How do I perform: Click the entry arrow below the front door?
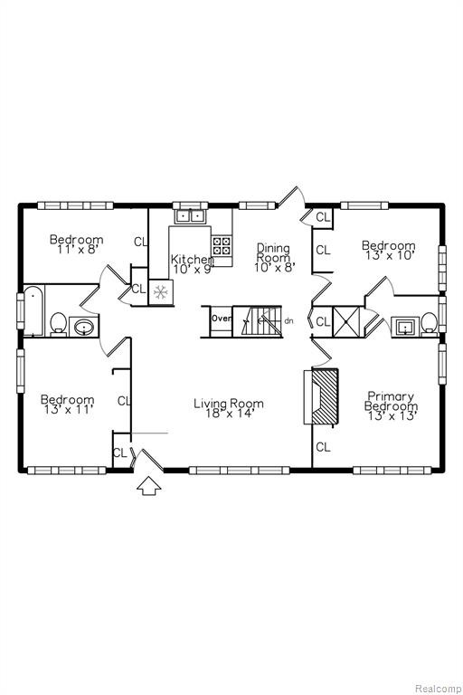tap(149, 486)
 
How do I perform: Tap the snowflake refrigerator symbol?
tap(160, 292)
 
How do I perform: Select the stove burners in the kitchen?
tap(221, 245)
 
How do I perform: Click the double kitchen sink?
tap(189, 217)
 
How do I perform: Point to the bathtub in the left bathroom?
tap(33, 310)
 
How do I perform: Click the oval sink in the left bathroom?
tap(83, 328)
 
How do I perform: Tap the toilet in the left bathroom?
tap(58, 323)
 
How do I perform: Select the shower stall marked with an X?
tap(345, 322)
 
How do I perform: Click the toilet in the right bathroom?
tap(429, 323)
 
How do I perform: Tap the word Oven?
tap(221, 319)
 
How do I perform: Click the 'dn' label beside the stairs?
tap(288, 320)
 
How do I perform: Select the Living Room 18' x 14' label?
tap(229, 408)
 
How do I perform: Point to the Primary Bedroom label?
tap(391, 405)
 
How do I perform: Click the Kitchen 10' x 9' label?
tap(193, 263)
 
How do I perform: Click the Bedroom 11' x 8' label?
tap(76, 244)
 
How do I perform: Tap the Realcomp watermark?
tap(438, 689)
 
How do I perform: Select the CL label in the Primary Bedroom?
tap(323, 447)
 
